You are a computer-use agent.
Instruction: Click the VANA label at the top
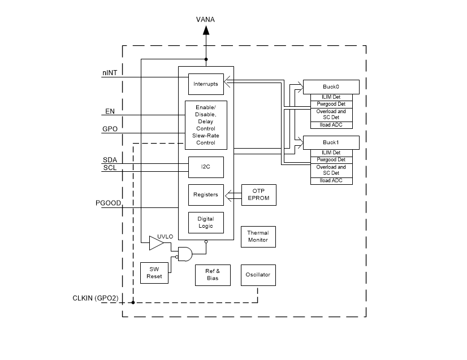tap(205, 20)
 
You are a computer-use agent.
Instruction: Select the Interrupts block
tap(206, 84)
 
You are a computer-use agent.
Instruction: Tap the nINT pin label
tap(110, 73)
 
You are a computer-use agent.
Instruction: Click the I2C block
tap(206, 167)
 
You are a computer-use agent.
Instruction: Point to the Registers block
tap(206, 194)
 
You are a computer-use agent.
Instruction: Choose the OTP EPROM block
tap(258, 195)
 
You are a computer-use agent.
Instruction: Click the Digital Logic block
tap(206, 222)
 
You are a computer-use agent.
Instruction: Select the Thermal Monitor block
tap(258, 236)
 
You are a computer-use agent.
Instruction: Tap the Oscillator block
tap(258, 275)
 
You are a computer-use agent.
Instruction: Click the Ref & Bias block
tap(213, 275)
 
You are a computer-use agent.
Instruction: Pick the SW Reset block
tap(155, 273)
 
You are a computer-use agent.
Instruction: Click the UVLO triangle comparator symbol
tap(155, 244)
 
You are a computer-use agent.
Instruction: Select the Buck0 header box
tap(331, 86)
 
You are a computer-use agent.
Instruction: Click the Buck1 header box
tap(331, 142)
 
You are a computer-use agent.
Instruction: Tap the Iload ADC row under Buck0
tap(331, 125)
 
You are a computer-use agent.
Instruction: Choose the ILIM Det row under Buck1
tap(331, 153)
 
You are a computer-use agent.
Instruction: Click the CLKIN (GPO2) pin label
tap(95, 298)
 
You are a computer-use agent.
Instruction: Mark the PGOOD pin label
tap(109, 203)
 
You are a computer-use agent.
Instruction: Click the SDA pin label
tap(110, 159)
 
